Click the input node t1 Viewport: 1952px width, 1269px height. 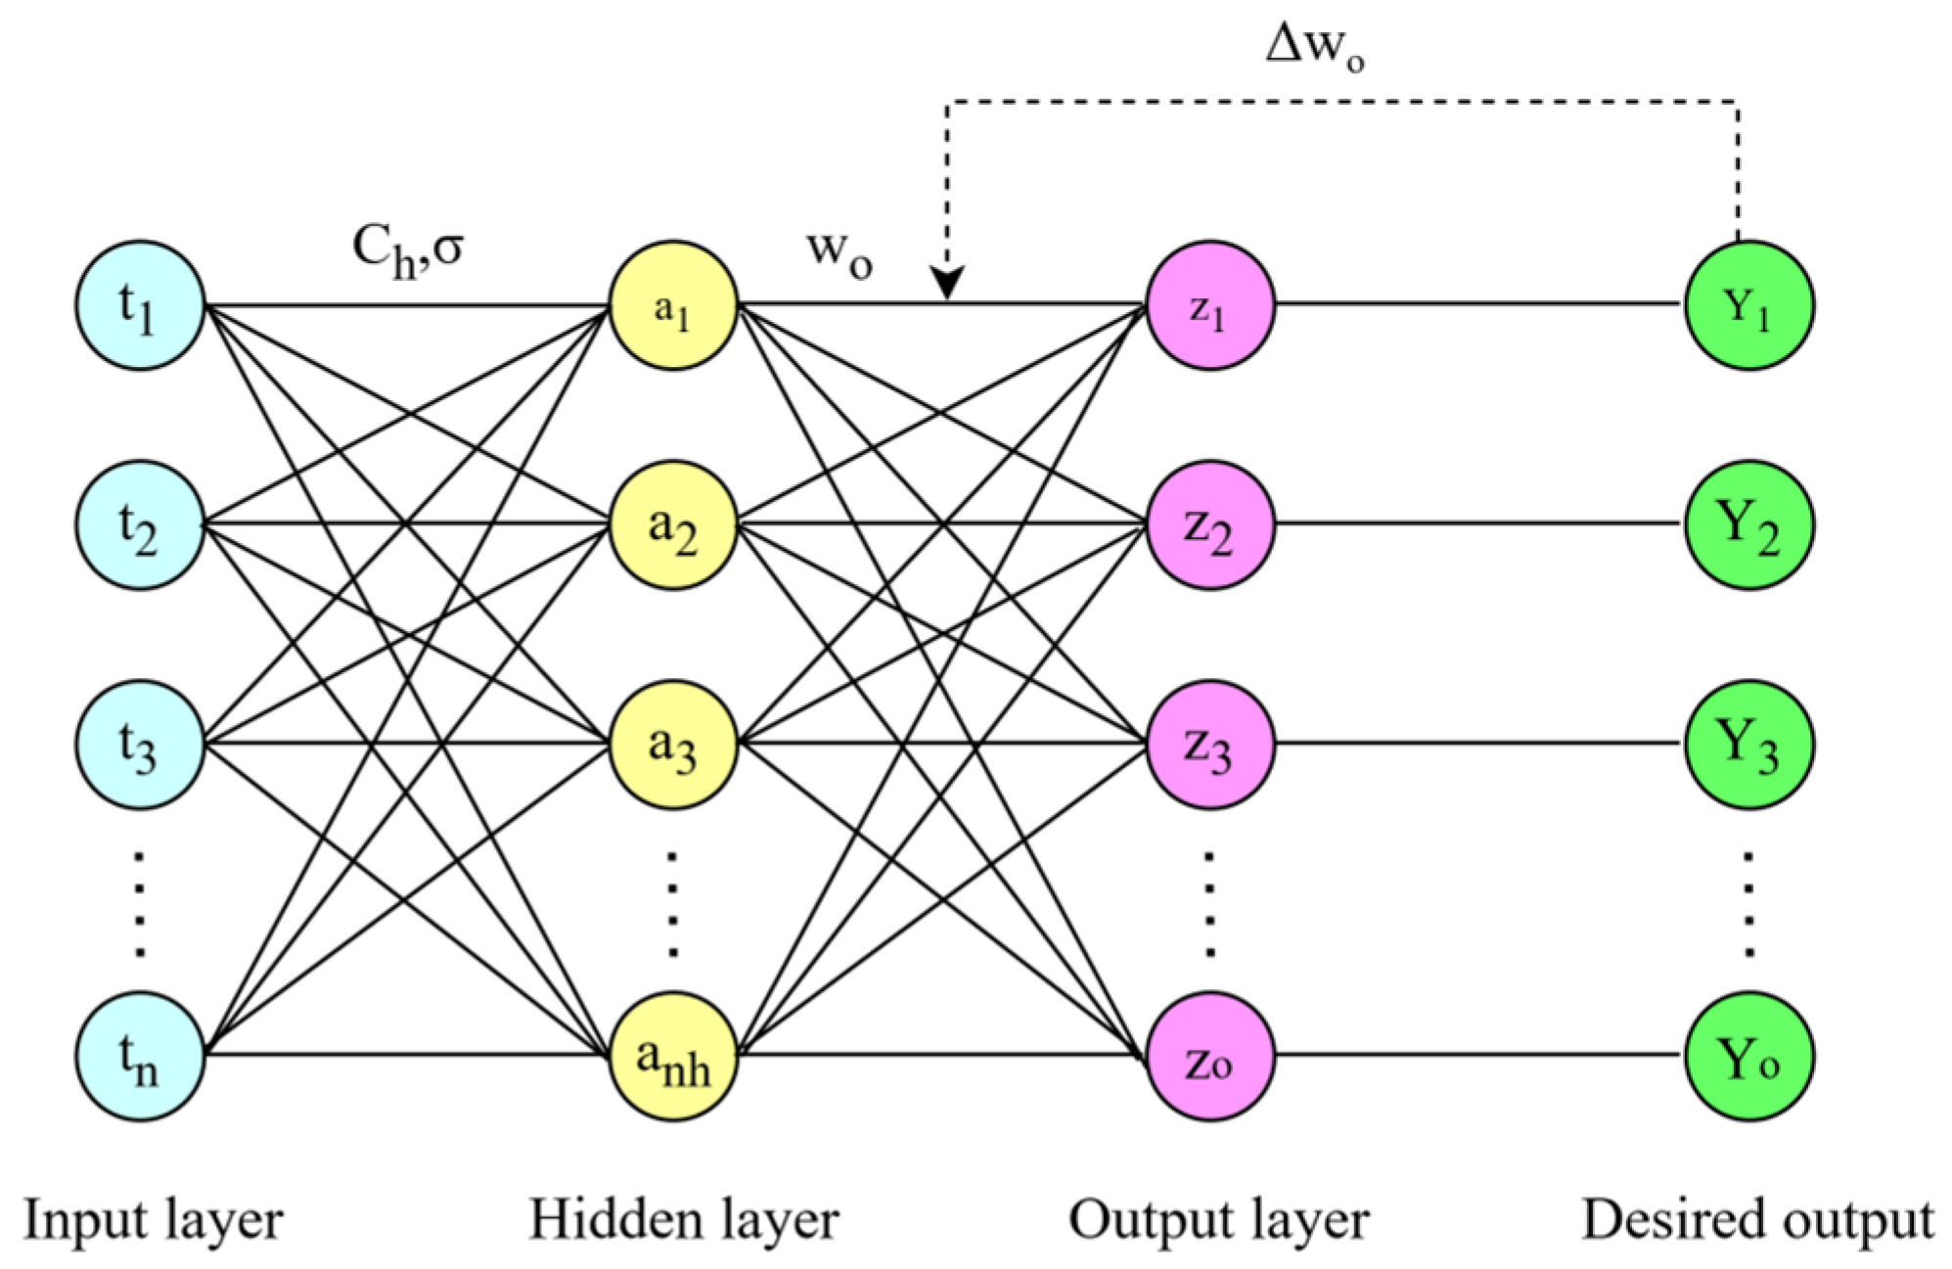coord(140,305)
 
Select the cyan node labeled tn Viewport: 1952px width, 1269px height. coord(140,1056)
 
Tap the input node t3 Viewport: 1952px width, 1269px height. coord(140,744)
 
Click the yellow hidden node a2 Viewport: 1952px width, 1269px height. coord(673,525)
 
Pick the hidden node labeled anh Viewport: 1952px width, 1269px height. coord(673,1056)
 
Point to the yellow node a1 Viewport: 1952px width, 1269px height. coord(673,305)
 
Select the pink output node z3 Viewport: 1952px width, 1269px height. coord(1209,744)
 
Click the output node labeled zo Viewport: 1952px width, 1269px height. coord(1209,1056)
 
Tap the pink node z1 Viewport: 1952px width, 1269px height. coord(1209,305)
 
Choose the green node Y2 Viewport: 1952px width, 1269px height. coord(1748,525)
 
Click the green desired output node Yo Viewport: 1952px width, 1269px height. coord(1748,1056)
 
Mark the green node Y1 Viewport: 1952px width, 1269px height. coord(1748,305)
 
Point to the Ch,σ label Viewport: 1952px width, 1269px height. coord(407,249)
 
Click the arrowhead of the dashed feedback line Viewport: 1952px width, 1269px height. coord(947,283)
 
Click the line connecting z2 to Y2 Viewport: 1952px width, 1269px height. coord(1477,524)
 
